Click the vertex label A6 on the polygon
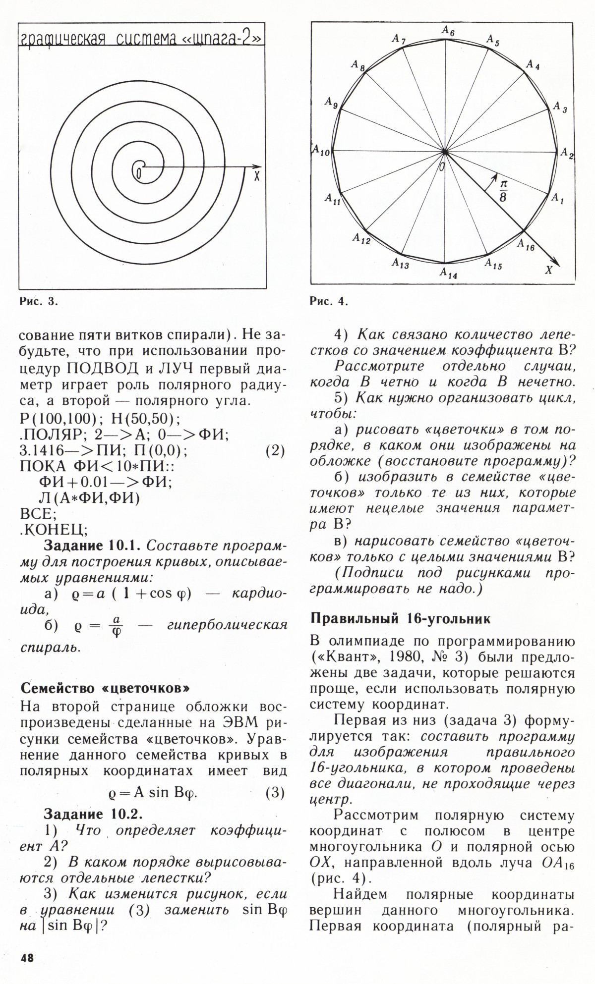click(448, 31)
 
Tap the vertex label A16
click(526, 245)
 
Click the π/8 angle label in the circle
click(503, 190)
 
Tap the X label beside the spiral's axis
click(256, 176)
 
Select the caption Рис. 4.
click(329, 301)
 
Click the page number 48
click(27, 958)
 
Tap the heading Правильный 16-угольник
click(400, 619)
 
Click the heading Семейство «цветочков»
click(105, 688)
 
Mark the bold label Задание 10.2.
click(93, 814)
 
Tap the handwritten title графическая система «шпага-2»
click(140, 38)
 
